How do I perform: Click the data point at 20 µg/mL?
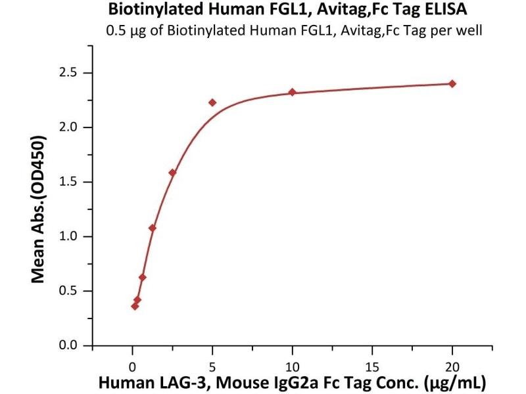[452, 83]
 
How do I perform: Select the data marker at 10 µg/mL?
[292, 93]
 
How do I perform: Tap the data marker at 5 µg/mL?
[212, 102]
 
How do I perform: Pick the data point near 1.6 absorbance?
[172, 173]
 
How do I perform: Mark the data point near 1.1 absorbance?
[153, 228]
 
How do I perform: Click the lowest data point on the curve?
[135, 306]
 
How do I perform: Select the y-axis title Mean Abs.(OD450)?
[39, 209]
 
